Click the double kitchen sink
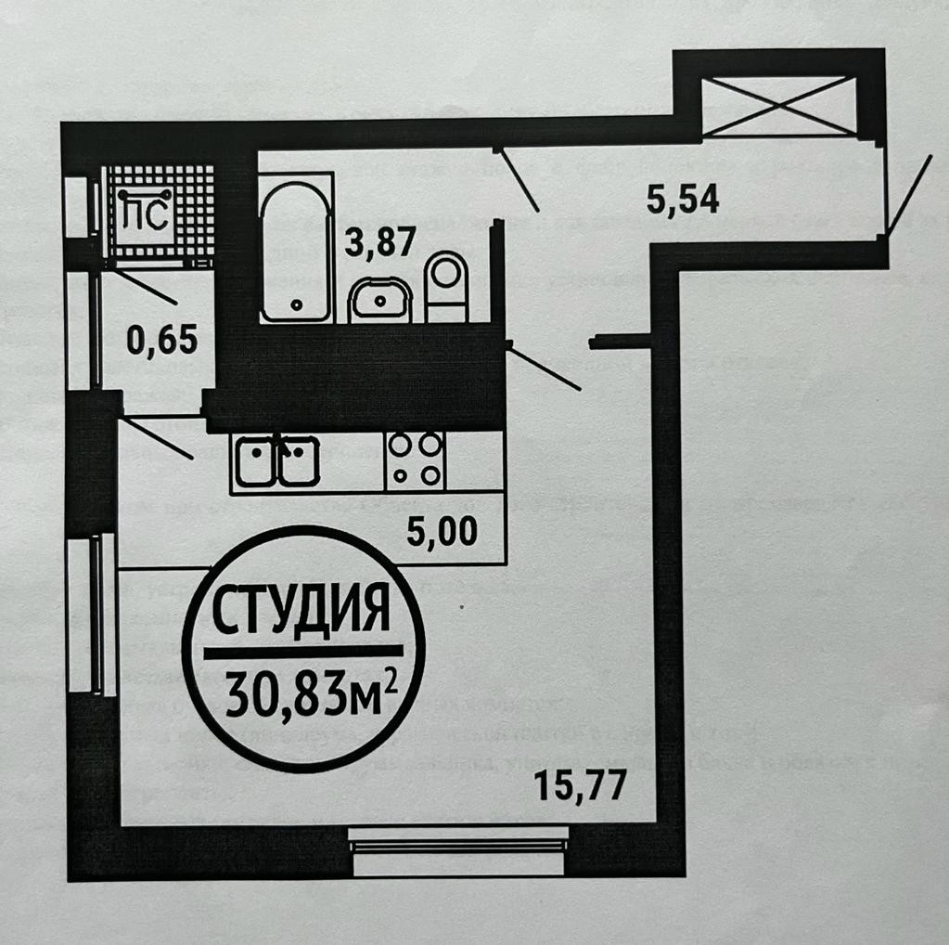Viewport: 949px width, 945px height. (276, 460)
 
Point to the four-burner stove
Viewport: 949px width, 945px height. (415, 460)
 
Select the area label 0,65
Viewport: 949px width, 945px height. (161, 341)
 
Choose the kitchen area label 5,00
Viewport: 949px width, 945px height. (442, 532)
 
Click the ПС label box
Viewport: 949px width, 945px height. (146, 215)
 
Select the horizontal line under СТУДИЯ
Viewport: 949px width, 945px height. (302, 651)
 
